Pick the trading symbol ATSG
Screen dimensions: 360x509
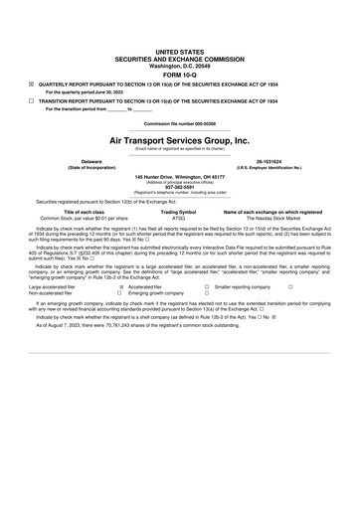179,217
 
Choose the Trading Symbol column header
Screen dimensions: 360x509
179,211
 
